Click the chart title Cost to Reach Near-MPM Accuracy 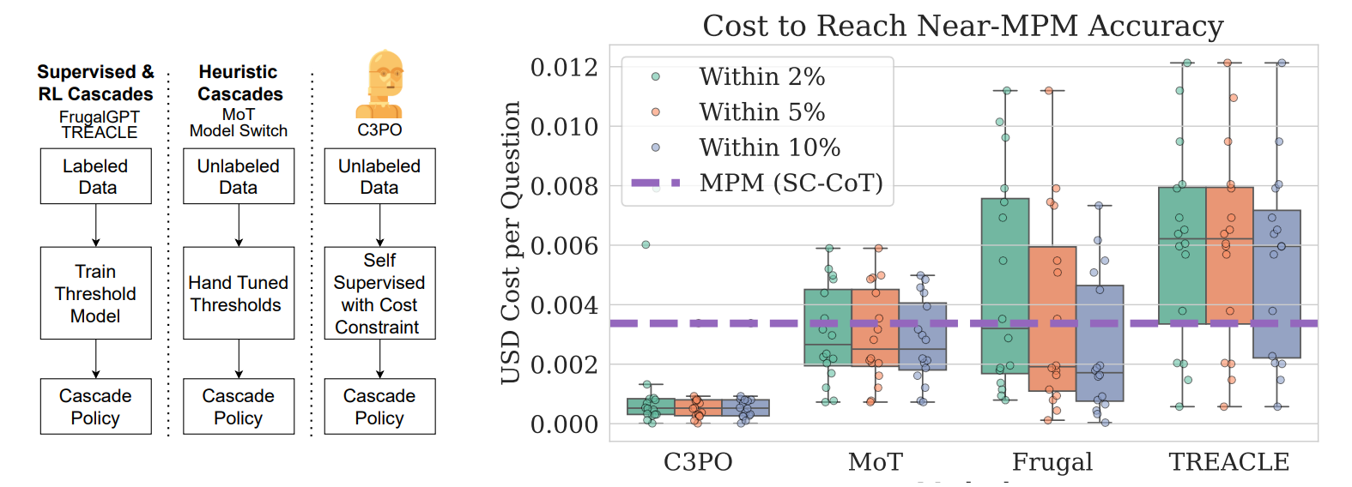point(962,26)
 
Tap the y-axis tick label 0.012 point(564,67)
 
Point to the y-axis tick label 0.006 point(564,246)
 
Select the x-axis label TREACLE point(1228,462)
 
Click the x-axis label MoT point(875,462)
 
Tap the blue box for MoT point(922,336)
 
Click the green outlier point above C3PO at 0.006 point(646,245)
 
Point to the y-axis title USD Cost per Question point(511,243)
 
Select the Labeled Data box point(95,177)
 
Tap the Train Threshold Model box point(95,293)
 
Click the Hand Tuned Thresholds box point(238,293)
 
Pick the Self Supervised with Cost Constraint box point(379,293)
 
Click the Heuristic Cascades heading point(239,83)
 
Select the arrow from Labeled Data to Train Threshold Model point(96,225)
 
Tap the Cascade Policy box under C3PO point(379,407)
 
